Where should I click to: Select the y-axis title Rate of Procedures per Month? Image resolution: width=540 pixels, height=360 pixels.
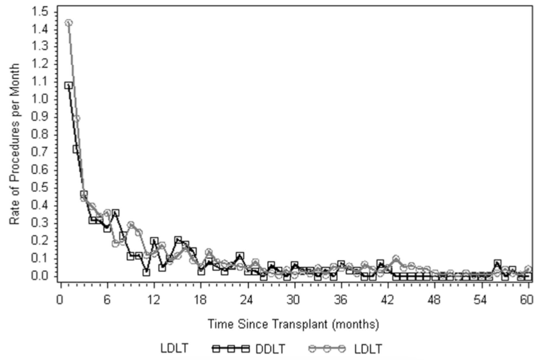(x=15, y=147)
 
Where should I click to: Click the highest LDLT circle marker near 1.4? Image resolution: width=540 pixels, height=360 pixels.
(x=69, y=22)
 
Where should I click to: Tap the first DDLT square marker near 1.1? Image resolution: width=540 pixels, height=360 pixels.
(x=69, y=86)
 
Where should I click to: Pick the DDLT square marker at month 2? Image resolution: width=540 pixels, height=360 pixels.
(x=76, y=149)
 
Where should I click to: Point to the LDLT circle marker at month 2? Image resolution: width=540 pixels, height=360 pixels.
(x=76, y=119)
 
